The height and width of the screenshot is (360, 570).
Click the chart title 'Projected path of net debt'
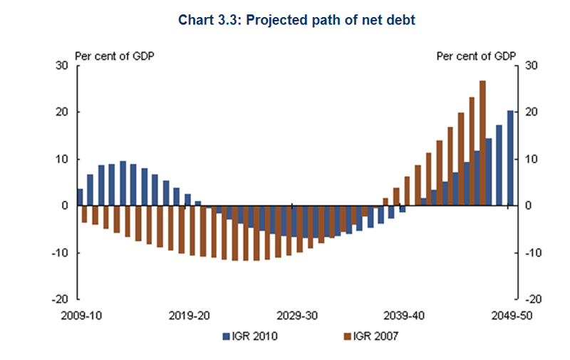click(296, 21)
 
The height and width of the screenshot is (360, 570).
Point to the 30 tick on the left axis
click(62, 66)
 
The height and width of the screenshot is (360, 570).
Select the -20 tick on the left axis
click(60, 299)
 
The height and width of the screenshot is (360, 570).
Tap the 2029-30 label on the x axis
click(298, 314)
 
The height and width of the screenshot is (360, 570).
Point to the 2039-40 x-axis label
click(405, 314)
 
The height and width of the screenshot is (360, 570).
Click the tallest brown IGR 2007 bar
click(482, 143)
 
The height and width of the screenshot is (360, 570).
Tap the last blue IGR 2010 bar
click(509, 158)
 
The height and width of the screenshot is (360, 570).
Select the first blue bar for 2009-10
click(80, 197)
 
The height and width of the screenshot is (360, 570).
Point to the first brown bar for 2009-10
click(84, 214)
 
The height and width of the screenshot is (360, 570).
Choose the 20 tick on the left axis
click(62, 113)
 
